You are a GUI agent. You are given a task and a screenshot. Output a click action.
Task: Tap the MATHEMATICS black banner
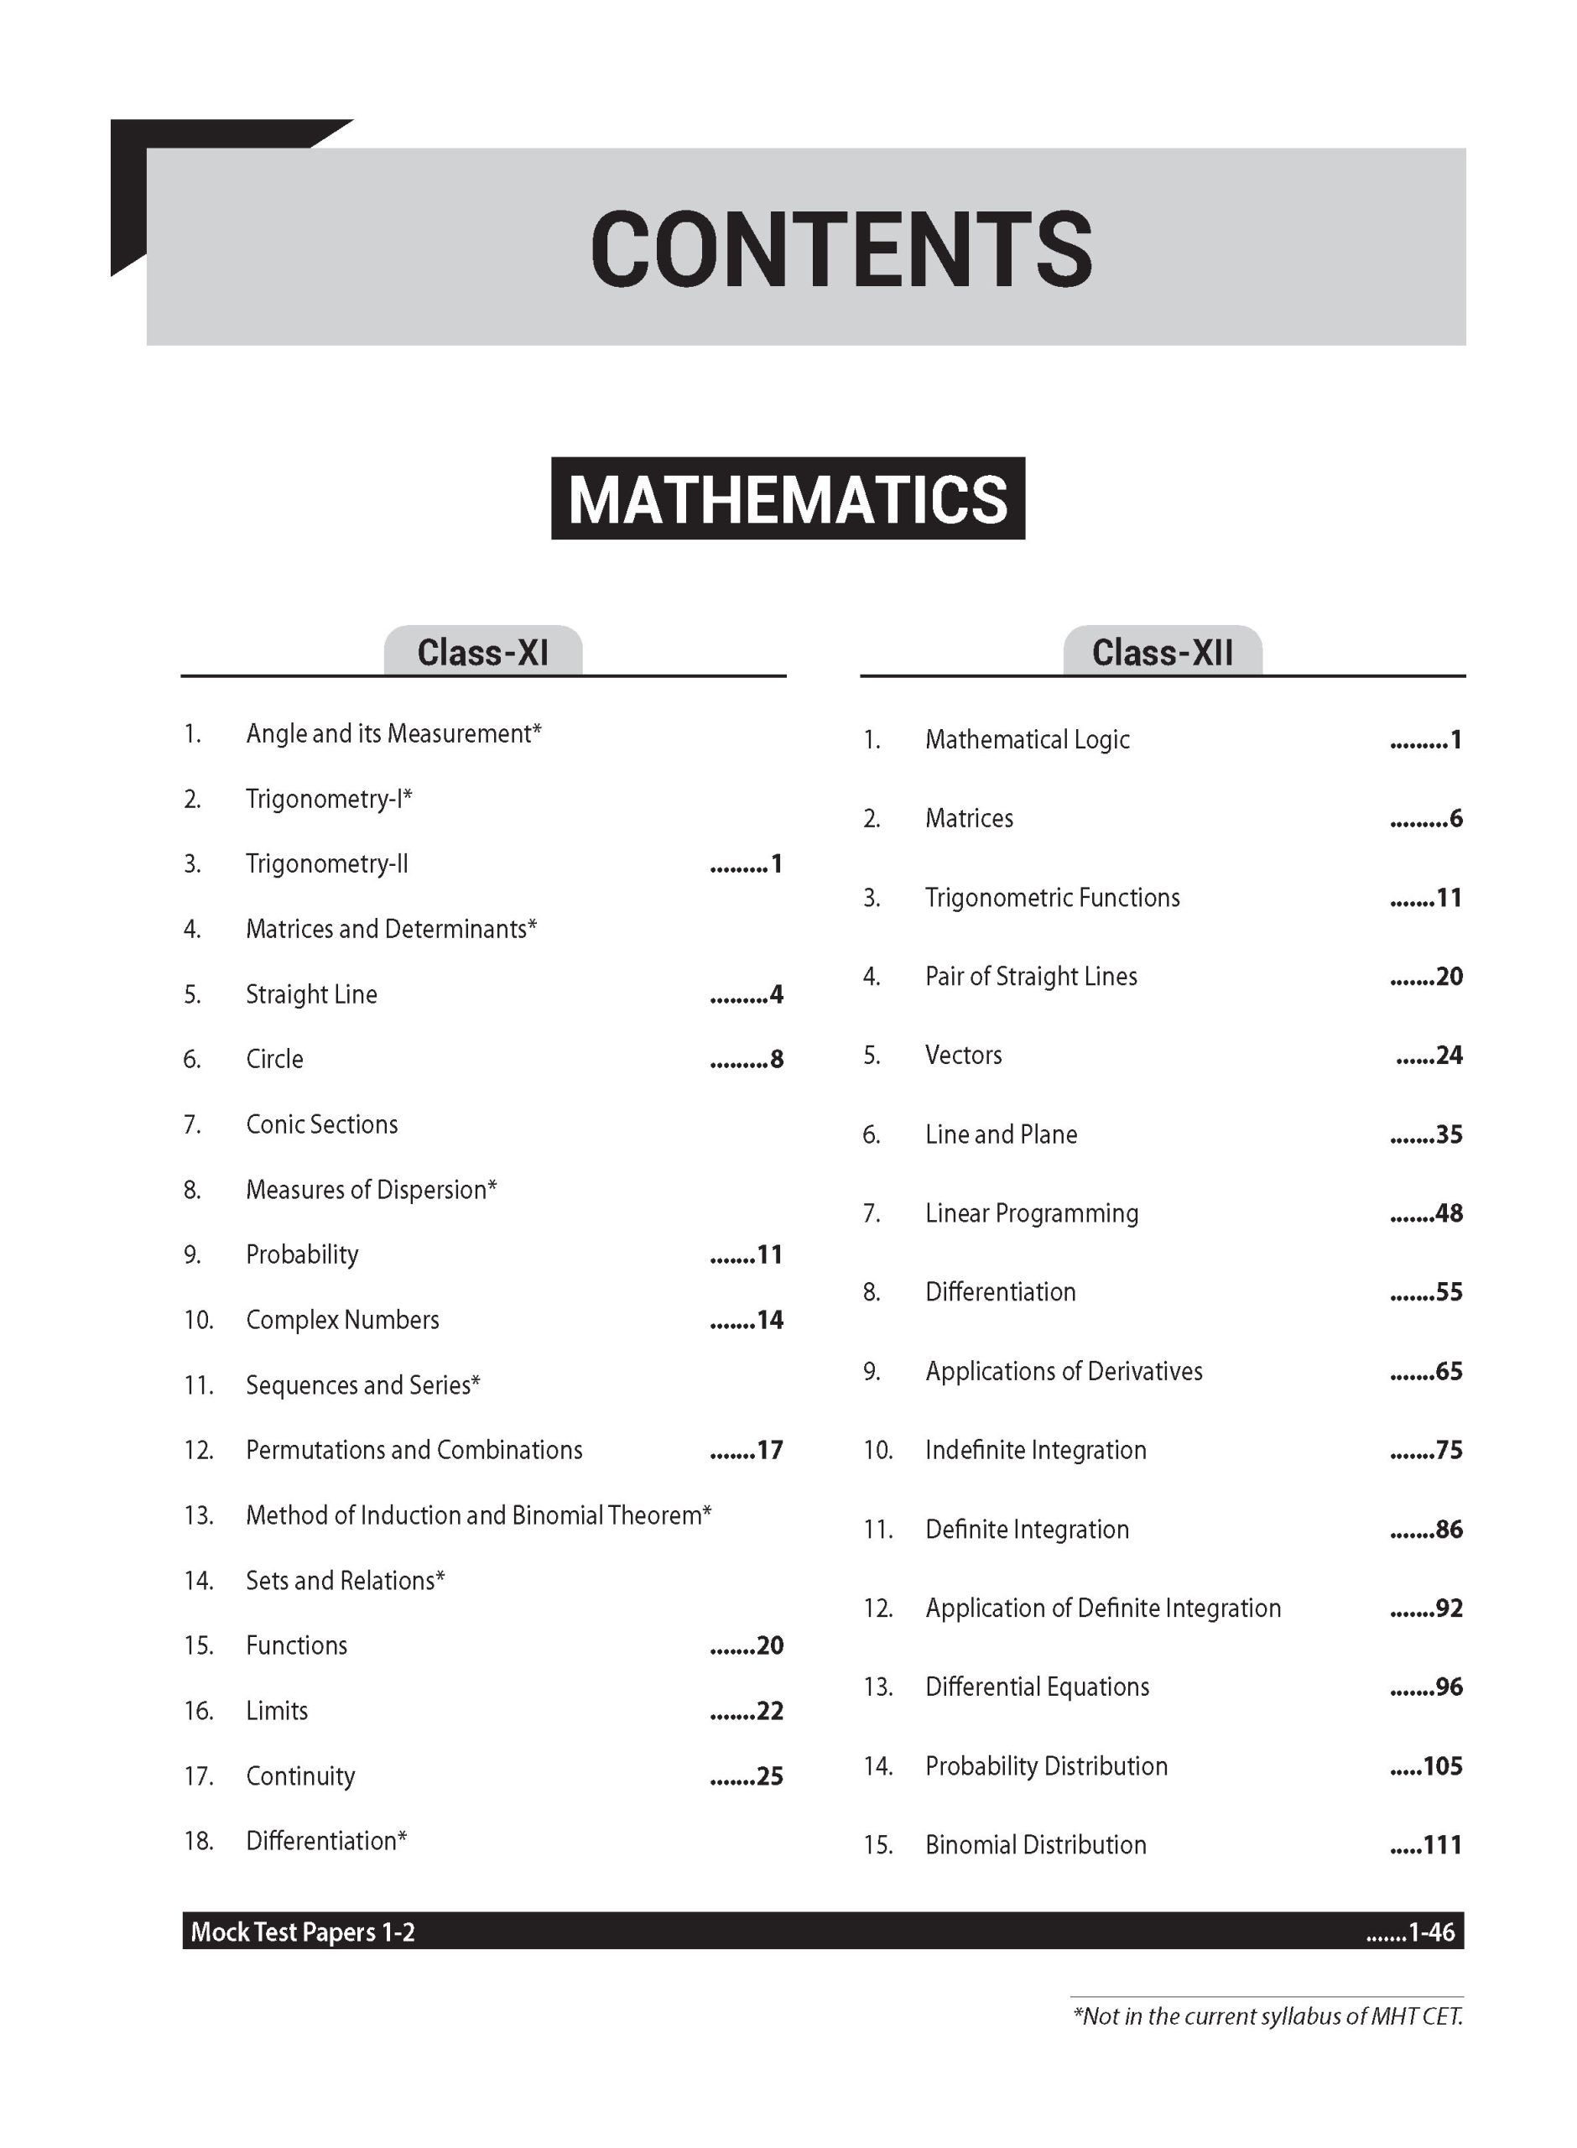tap(788, 498)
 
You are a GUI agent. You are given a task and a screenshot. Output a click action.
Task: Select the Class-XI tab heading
tap(483, 653)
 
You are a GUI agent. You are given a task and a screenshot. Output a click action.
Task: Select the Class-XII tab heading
tap(1162, 653)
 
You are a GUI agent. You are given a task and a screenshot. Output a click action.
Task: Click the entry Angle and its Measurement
tap(393, 733)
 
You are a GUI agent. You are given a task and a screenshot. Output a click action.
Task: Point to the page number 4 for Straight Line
tap(775, 995)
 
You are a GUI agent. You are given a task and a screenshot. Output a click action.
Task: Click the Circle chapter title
tap(275, 1059)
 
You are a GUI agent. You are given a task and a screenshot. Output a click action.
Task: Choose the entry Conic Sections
tap(322, 1124)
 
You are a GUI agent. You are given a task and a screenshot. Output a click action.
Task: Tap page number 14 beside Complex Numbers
tap(769, 1321)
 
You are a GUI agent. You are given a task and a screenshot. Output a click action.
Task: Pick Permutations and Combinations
tap(414, 1450)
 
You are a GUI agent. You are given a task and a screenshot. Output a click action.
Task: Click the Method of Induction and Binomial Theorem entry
tap(477, 1515)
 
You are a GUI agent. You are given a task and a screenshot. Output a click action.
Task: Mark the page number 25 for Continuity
tap(769, 1775)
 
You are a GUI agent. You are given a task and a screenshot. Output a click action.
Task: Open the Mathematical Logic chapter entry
tap(1028, 739)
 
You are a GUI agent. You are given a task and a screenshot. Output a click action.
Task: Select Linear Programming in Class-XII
tap(1031, 1213)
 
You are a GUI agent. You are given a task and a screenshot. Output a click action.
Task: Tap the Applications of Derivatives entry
tap(1064, 1371)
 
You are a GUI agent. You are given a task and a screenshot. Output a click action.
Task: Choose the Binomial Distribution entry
tap(1036, 1844)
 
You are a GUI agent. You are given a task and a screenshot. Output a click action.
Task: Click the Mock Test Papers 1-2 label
tap(303, 1932)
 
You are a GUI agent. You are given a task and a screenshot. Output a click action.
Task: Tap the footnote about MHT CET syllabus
tap(1267, 2016)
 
